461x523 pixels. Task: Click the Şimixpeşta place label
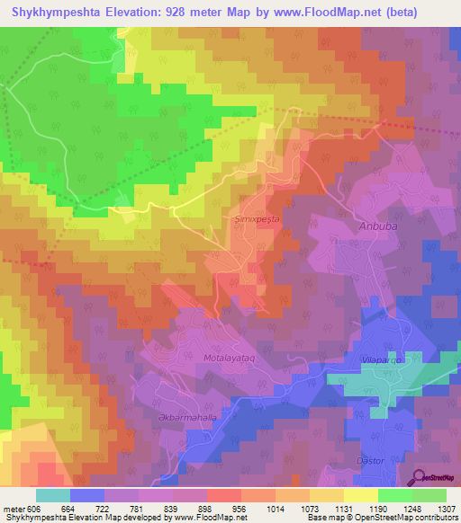coord(252,219)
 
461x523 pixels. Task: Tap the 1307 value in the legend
coord(445,508)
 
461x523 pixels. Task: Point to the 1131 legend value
coord(343,508)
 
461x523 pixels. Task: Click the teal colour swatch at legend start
coord(53,495)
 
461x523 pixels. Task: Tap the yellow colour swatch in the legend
coord(361,495)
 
